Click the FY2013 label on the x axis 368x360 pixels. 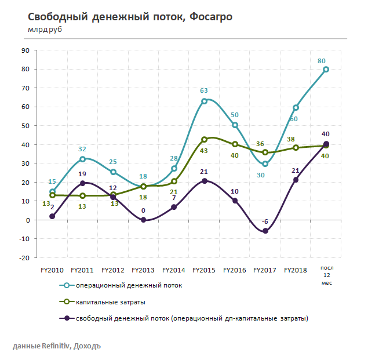tap(143, 270)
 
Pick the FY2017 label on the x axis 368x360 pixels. tap(265, 270)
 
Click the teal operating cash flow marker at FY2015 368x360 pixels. tap(204, 101)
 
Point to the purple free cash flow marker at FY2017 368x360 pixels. tap(265, 231)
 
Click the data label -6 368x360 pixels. tap(264, 221)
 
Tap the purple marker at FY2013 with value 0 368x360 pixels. tap(143, 220)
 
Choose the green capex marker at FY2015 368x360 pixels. tap(204, 140)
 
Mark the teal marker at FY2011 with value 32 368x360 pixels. tap(82, 159)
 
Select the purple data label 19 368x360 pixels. tap(82, 174)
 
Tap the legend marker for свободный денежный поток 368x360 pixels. tap(67, 318)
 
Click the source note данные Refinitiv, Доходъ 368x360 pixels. tap(56, 346)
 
